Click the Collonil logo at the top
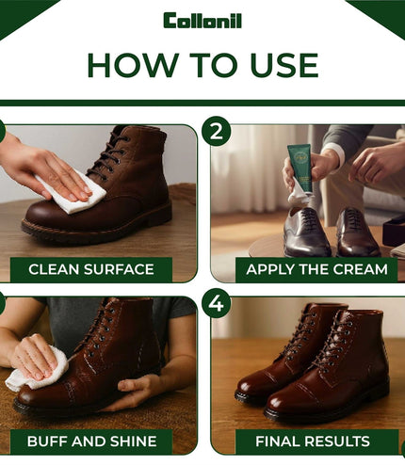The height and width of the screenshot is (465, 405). (202, 21)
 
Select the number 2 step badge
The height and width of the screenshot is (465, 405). (217, 131)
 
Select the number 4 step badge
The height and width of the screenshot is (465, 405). (217, 303)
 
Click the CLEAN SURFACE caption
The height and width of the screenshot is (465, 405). (91, 269)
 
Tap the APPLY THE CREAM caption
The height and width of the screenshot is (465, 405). (316, 269)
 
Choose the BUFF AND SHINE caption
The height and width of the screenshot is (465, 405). (91, 441)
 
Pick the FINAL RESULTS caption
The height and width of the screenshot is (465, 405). (313, 441)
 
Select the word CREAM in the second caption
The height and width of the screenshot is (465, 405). (361, 269)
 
